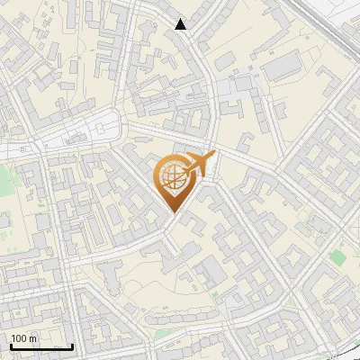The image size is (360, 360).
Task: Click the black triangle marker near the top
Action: point(181,24)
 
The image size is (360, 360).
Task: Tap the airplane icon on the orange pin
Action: point(199,165)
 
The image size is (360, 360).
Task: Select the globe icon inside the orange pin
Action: point(171,178)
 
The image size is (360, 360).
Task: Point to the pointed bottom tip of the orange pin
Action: point(172,212)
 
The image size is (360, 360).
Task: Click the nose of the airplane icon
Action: point(214,155)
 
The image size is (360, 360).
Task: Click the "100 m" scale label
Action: point(23,338)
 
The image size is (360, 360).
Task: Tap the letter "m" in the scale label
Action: point(32,338)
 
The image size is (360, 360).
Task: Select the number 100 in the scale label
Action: point(19,338)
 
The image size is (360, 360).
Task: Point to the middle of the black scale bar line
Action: point(41,347)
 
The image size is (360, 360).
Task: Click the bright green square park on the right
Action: point(337,257)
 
